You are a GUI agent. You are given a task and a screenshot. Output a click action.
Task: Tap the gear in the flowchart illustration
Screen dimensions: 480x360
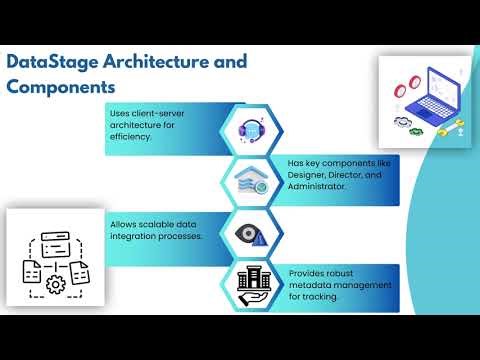55,283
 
